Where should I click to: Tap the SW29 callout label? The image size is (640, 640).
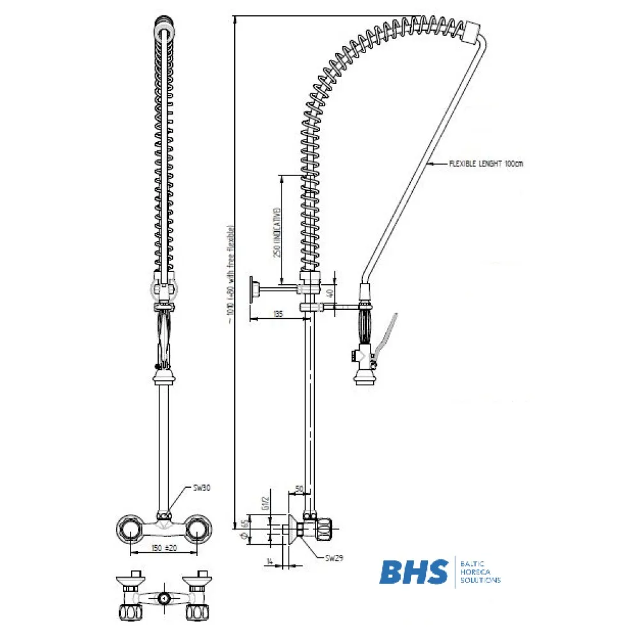pos(333,558)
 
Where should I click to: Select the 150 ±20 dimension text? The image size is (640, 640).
pos(164,548)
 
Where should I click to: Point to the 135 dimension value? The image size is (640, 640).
pos(278,314)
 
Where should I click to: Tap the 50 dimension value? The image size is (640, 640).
pos(298,489)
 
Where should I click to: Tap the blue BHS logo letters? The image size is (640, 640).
pos(414,572)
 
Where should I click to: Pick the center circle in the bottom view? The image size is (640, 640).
pos(164,600)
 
